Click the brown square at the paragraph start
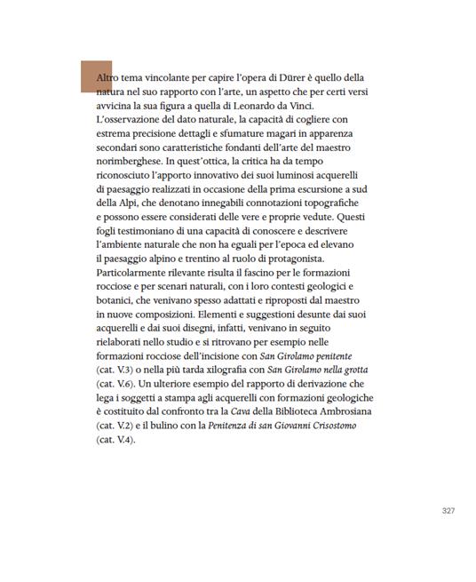click(x=96, y=76)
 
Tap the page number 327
click(x=449, y=511)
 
